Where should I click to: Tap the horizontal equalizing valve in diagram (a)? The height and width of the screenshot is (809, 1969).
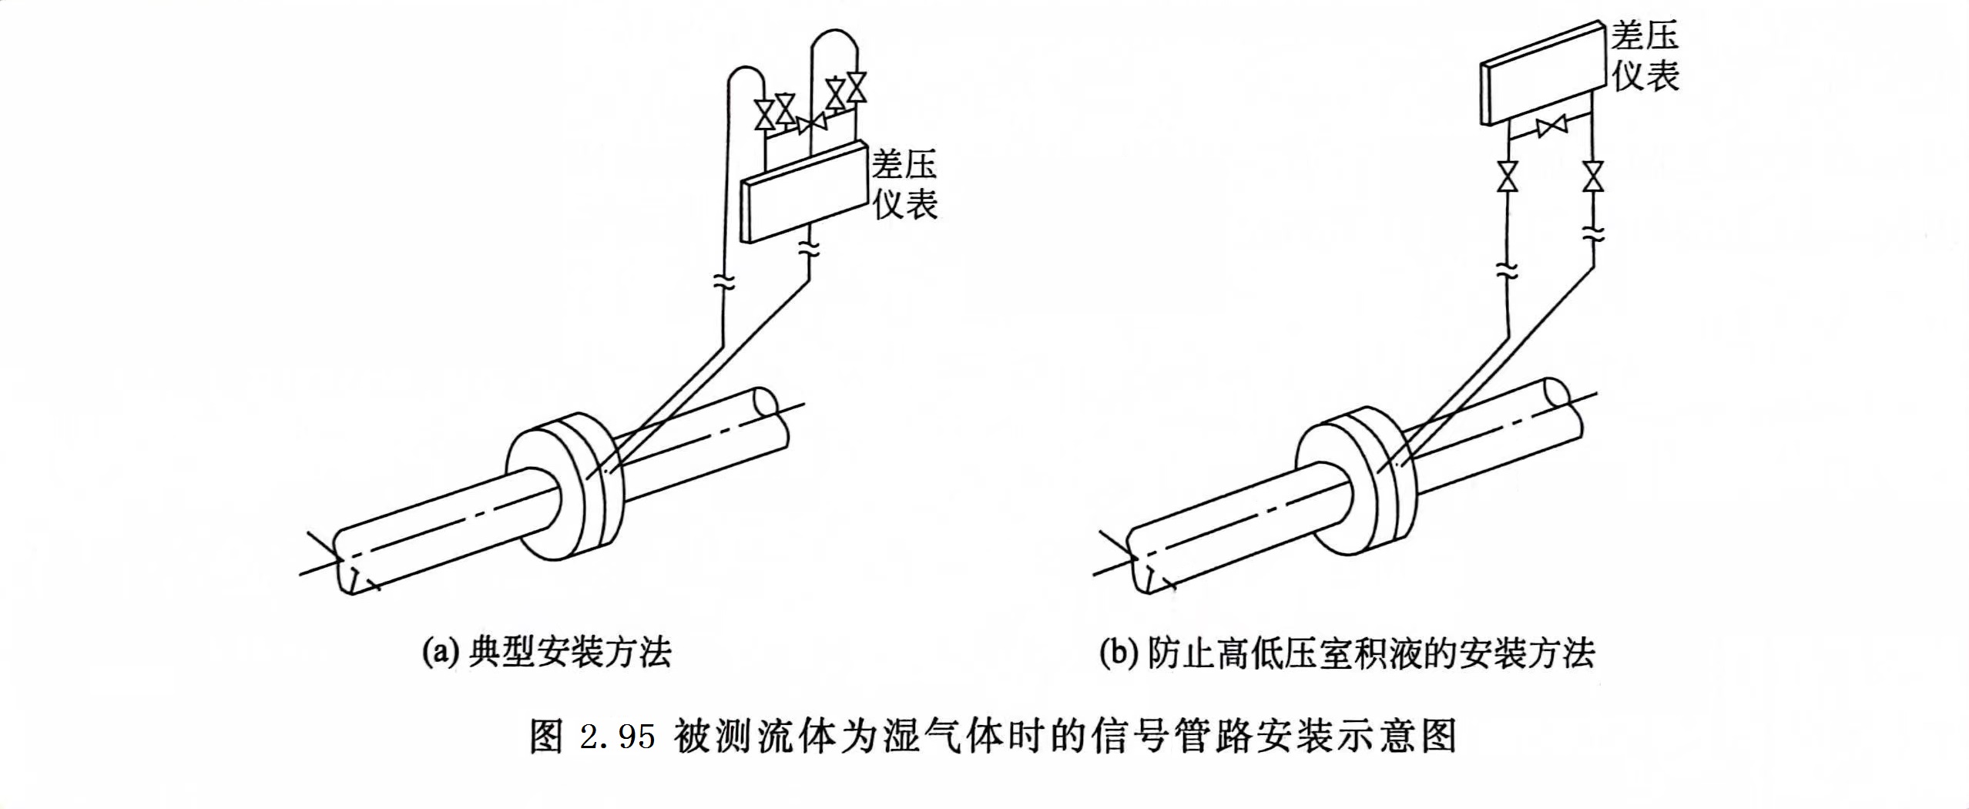pos(811,124)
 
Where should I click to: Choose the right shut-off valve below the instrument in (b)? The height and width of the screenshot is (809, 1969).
pos(1592,176)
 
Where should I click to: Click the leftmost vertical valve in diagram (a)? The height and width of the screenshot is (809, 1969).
pos(765,115)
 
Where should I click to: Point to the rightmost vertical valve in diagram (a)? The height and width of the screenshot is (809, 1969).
pos(856,86)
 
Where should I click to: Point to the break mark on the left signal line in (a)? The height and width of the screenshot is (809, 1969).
pos(724,282)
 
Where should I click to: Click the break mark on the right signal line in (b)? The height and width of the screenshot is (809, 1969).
pos(1592,233)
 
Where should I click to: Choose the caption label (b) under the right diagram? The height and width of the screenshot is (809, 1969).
pos(1118,653)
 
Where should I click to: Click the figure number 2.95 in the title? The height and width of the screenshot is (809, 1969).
pos(616,737)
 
